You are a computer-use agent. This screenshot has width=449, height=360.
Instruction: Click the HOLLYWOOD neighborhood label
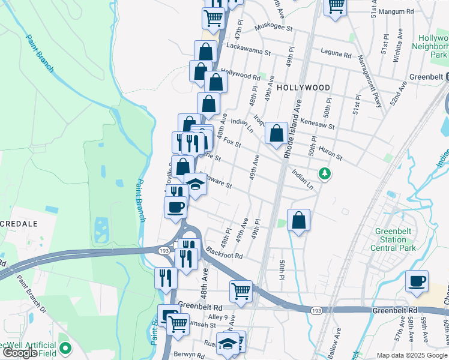point(304,88)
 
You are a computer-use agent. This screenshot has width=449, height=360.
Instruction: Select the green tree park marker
point(325,173)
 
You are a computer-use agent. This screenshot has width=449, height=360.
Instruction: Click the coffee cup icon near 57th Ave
point(417,281)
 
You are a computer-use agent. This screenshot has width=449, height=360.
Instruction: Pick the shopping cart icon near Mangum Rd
point(336,7)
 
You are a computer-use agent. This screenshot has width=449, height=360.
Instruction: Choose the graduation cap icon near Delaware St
point(195,184)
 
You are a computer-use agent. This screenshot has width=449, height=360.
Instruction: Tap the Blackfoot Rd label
point(223,254)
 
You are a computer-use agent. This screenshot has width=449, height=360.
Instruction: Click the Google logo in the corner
point(20,353)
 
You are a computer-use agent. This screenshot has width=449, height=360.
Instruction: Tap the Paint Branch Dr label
point(31,293)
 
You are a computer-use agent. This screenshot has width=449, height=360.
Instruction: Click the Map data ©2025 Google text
point(411,355)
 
